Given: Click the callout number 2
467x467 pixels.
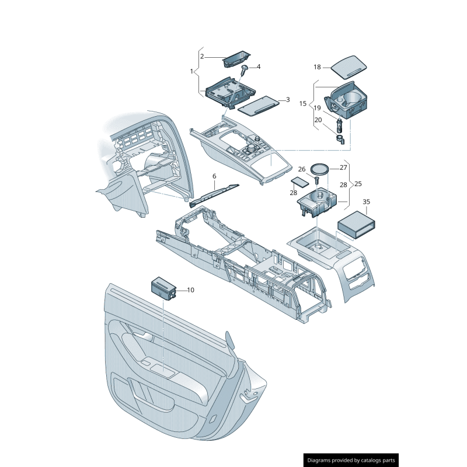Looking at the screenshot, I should tap(202, 57).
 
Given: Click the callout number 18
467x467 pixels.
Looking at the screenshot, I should tap(318, 67).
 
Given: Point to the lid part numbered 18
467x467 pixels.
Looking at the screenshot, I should tap(348, 66).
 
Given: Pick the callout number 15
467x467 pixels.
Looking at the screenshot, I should tap(303, 103).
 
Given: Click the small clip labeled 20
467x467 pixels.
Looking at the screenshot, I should tap(340, 138).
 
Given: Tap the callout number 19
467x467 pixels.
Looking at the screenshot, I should tap(318, 108).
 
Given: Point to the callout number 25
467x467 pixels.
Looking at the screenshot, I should tap(358, 184).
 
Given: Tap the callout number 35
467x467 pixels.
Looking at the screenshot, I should tap(366, 202).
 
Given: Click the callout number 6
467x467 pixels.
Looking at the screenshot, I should tap(214, 176).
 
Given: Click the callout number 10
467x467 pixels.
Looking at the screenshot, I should tap(190, 290).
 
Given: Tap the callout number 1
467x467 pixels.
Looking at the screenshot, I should tap(191, 71).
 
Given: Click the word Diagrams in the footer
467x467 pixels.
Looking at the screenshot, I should tap(323, 461).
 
